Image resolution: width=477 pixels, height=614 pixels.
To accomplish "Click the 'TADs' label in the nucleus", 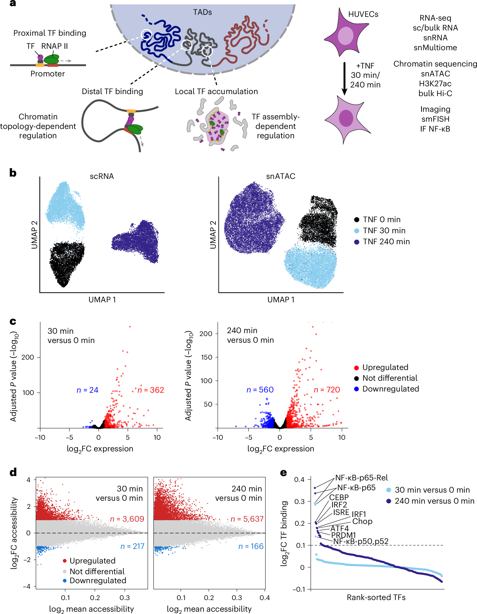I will (x=202, y=12).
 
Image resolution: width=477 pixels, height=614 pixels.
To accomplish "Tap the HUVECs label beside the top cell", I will (x=363, y=14).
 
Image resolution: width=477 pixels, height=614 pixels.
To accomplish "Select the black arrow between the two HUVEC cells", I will (x=344, y=78).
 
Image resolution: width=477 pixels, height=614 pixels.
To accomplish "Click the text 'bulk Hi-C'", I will (x=435, y=94).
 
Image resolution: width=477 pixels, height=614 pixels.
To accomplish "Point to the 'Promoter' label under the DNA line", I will (x=48, y=74).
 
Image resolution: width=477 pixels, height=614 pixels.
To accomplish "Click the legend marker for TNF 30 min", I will (x=357, y=231).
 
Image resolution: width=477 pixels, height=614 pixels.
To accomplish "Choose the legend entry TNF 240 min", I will (x=386, y=242).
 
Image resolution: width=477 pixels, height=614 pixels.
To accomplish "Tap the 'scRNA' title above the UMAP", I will (x=101, y=176).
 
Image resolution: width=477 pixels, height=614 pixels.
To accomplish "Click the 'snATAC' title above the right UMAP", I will (x=280, y=176).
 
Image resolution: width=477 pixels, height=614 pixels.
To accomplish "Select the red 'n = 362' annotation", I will (x=151, y=390).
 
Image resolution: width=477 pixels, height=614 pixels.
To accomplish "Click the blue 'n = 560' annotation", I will (x=260, y=389).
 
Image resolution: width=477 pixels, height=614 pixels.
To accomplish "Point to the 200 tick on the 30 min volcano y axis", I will (x=28, y=357).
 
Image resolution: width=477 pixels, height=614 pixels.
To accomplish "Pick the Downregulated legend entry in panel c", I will (x=390, y=389).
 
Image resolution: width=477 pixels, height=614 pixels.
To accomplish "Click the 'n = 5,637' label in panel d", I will (x=247, y=519).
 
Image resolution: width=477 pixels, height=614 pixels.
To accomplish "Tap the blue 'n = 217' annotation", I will (x=133, y=546).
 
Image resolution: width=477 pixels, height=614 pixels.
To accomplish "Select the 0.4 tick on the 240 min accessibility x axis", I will (x=264, y=597).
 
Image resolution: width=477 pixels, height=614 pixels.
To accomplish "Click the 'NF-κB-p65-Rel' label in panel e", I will (x=361, y=478).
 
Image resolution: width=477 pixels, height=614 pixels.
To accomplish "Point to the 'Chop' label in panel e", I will (x=362, y=521).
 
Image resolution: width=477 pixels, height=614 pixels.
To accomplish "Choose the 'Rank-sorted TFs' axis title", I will (x=376, y=597).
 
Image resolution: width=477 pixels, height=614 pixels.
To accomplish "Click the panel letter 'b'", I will (x=13, y=173).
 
